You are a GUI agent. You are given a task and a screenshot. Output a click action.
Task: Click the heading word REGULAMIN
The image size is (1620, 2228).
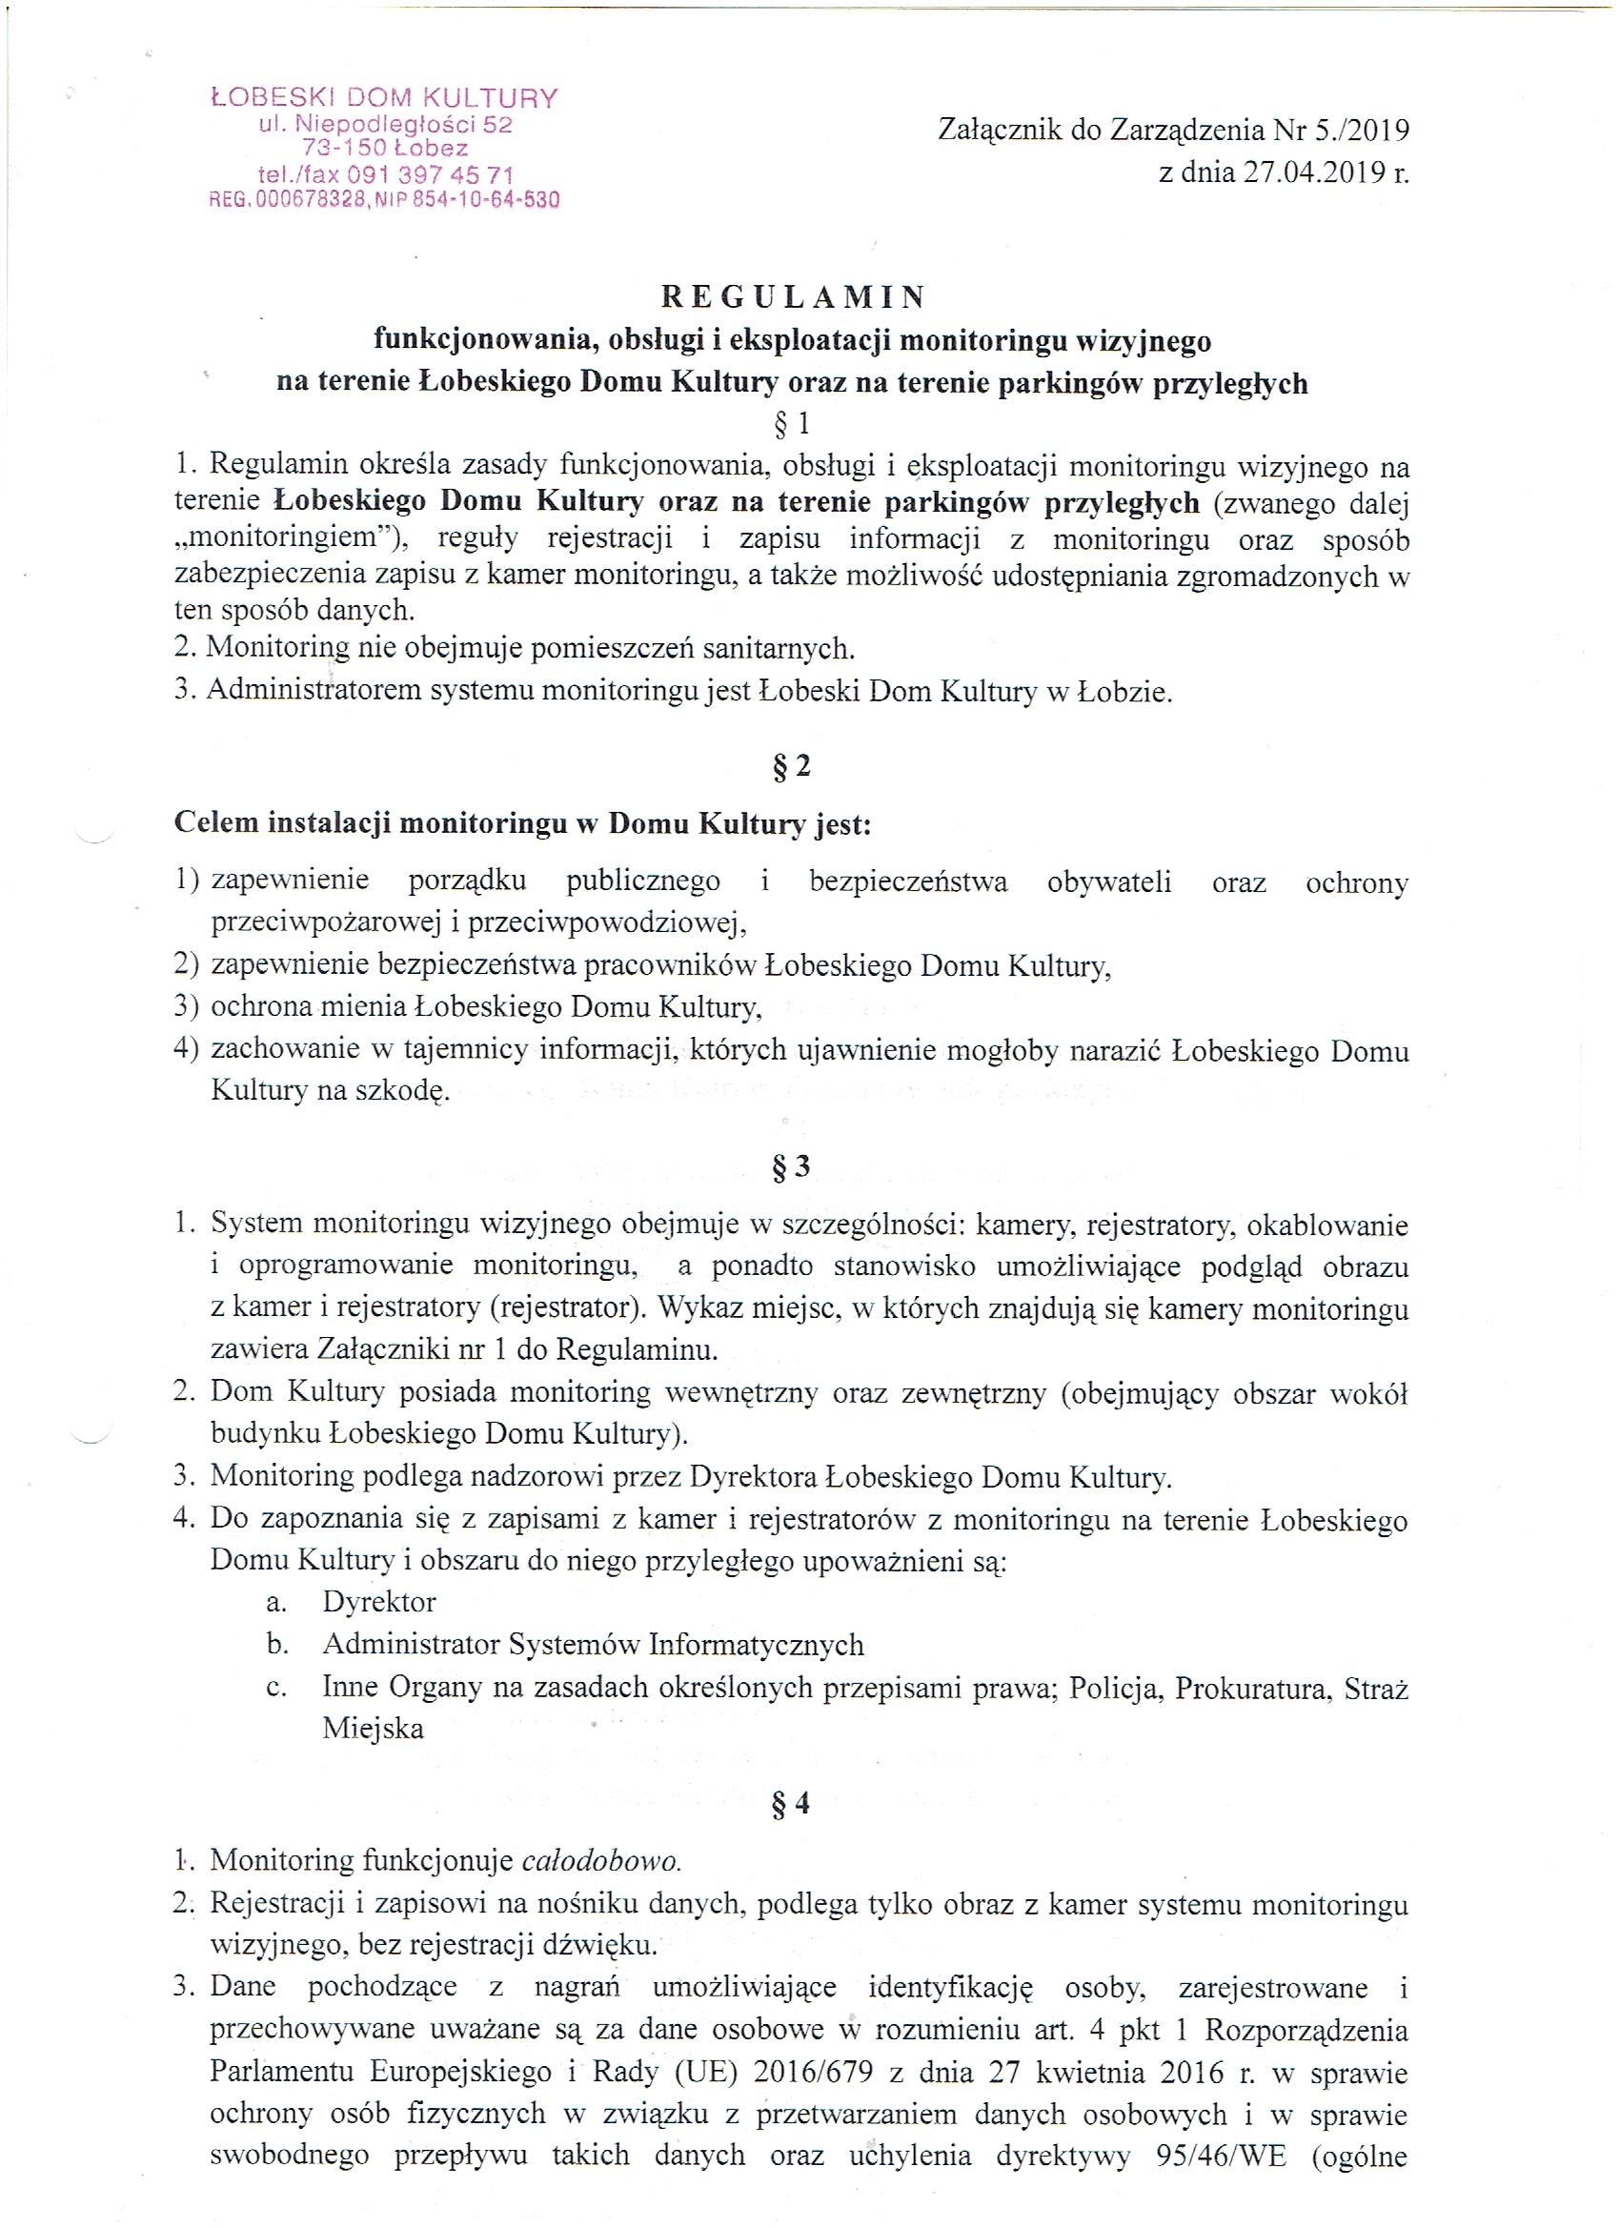(x=792, y=295)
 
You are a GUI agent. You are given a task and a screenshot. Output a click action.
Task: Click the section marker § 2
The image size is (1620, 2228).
(x=792, y=767)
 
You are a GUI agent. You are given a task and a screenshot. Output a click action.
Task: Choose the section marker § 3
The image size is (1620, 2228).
(x=792, y=1167)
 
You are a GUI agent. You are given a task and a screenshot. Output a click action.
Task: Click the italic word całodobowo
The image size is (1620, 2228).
(x=601, y=1859)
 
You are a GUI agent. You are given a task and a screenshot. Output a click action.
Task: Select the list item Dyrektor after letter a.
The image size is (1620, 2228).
(x=379, y=1602)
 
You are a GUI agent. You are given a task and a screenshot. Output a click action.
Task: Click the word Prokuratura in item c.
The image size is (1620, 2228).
(x=1245, y=1688)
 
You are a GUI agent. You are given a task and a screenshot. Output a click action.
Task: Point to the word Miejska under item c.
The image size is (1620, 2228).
(x=374, y=1729)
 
